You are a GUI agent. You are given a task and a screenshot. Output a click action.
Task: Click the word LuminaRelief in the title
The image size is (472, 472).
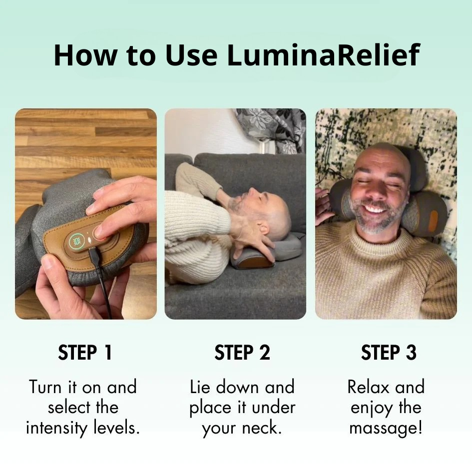pyautogui.click(x=323, y=55)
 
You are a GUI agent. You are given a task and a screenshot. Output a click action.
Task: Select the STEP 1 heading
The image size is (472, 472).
pyautogui.click(x=85, y=353)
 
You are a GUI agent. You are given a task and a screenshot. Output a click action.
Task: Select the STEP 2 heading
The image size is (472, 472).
pyautogui.click(x=242, y=353)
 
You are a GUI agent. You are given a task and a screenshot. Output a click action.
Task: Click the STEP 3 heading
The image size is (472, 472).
pyautogui.click(x=389, y=353)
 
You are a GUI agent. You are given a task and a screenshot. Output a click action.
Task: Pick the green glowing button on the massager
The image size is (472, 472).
pyautogui.click(x=76, y=241)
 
